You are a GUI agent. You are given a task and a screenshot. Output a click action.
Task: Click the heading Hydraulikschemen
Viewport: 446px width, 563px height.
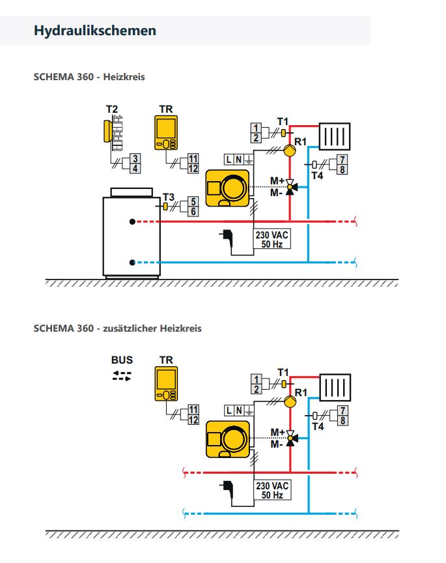pos(95,31)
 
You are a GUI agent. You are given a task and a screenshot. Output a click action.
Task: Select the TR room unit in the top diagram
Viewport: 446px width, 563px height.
pos(166,132)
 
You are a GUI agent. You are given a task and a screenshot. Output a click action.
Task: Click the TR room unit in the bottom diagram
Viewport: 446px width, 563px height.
pos(166,383)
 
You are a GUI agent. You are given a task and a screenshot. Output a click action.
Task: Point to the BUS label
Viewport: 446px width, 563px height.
pos(122,360)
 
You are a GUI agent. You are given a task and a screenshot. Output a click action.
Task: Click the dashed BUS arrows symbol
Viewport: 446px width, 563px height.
pos(122,376)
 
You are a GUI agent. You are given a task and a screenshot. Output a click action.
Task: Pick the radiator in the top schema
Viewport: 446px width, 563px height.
pos(335,136)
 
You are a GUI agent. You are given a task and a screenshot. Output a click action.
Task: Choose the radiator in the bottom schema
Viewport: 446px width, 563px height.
pos(335,388)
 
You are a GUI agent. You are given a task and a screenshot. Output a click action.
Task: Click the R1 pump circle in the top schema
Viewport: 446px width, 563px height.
pos(290,151)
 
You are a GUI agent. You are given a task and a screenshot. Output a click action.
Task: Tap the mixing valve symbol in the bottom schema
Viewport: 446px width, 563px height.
pos(290,438)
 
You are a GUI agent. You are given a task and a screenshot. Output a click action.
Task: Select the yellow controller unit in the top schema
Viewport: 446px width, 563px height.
pos(227,188)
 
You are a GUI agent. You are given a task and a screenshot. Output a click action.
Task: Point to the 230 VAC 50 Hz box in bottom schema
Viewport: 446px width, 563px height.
pos(272,490)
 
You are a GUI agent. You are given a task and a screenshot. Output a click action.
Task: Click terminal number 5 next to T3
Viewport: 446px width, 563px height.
pos(193,202)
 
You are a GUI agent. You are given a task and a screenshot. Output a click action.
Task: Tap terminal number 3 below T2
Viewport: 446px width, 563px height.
pos(135,158)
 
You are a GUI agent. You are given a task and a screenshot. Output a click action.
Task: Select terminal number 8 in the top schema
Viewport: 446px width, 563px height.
pos(342,169)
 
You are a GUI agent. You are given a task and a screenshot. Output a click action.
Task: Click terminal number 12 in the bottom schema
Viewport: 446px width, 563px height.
pos(193,420)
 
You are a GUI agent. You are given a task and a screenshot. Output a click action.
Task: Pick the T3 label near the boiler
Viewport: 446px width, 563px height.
pos(168,197)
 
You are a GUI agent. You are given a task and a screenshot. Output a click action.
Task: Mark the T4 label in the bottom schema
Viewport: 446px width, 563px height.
pos(318,427)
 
